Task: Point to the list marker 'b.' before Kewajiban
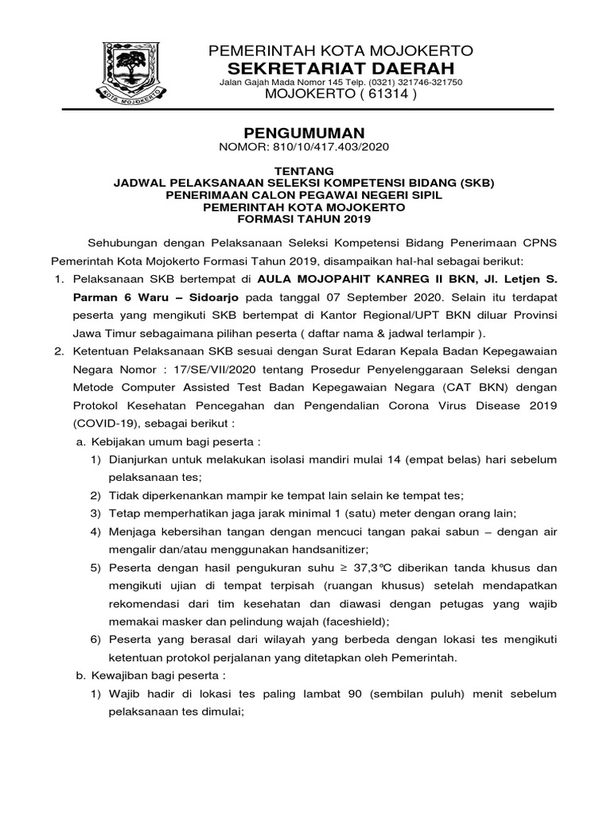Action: [x=79, y=676]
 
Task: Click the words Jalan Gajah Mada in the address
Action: [x=247, y=82]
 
